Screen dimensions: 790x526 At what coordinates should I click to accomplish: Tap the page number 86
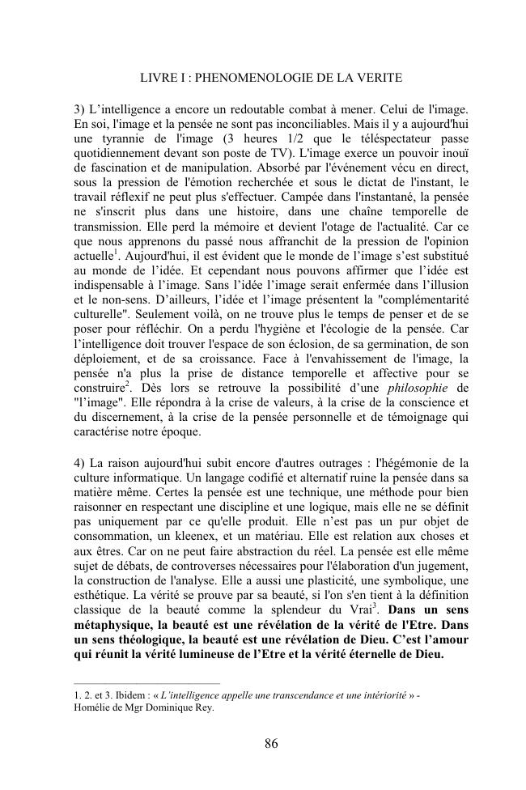[271, 744]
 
